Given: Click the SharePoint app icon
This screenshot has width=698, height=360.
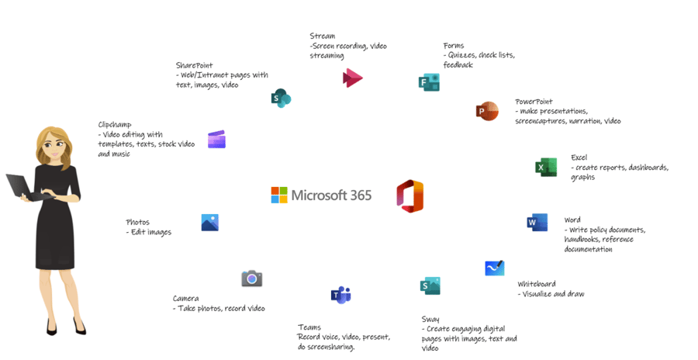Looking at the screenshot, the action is click(x=281, y=98).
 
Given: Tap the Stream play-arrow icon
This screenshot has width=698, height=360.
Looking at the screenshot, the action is click(x=353, y=78).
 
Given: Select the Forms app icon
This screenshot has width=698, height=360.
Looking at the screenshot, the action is click(x=429, y=82).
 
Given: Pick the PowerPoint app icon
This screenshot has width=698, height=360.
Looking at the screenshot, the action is click(x=487, y=111).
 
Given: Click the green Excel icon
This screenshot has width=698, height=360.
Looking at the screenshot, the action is click(x=546, y=167).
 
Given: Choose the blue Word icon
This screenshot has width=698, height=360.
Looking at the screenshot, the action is click(x=537, y=223).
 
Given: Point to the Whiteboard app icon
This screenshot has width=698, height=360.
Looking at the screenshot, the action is click(x=495, y=268).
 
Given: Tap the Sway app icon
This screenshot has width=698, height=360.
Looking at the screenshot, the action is click(x=430, y=286).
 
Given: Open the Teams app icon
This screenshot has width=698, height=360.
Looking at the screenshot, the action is click(x=341, y=295).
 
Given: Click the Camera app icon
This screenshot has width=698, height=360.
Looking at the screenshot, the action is click(x=252, y=279).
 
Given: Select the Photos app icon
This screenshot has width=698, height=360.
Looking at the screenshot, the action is click(x=210, y=223).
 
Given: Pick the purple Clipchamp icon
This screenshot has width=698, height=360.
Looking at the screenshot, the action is click(x=217, y=139).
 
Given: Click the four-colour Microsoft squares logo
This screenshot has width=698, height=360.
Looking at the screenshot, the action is click(x=279, y=196).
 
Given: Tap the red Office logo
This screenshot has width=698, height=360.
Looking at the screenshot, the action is click(x=410, y=196).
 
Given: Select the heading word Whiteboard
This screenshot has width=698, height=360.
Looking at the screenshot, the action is click(x=537, y=284).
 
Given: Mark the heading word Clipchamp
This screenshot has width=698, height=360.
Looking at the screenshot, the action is click(x=115, y=125).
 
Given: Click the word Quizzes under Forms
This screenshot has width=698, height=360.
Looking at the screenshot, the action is click(x=462, y=55).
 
